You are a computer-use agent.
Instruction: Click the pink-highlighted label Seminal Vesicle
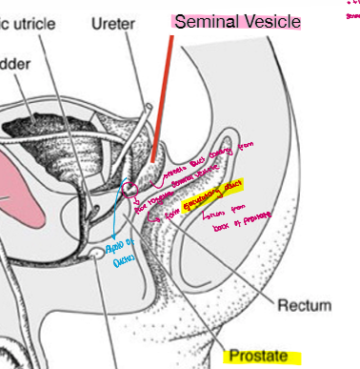click(236, 21)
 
